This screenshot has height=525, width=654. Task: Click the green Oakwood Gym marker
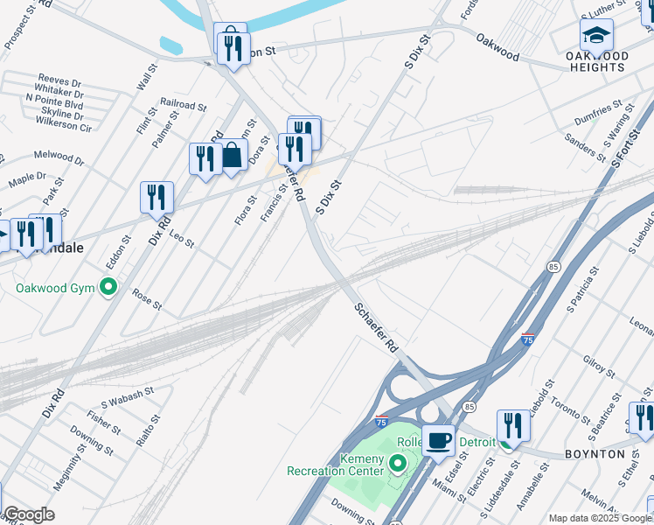(x=108, y=287)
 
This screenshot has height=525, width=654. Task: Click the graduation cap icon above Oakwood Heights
(x=595, y=34)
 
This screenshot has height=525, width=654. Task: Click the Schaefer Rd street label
(x=377, y=328)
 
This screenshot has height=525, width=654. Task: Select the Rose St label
(x=147, y=299)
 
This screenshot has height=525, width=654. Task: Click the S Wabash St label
(x=127, y=397)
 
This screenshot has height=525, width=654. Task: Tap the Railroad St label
(x=184, y=104)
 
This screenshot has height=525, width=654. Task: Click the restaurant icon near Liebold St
(x=512, y=425)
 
